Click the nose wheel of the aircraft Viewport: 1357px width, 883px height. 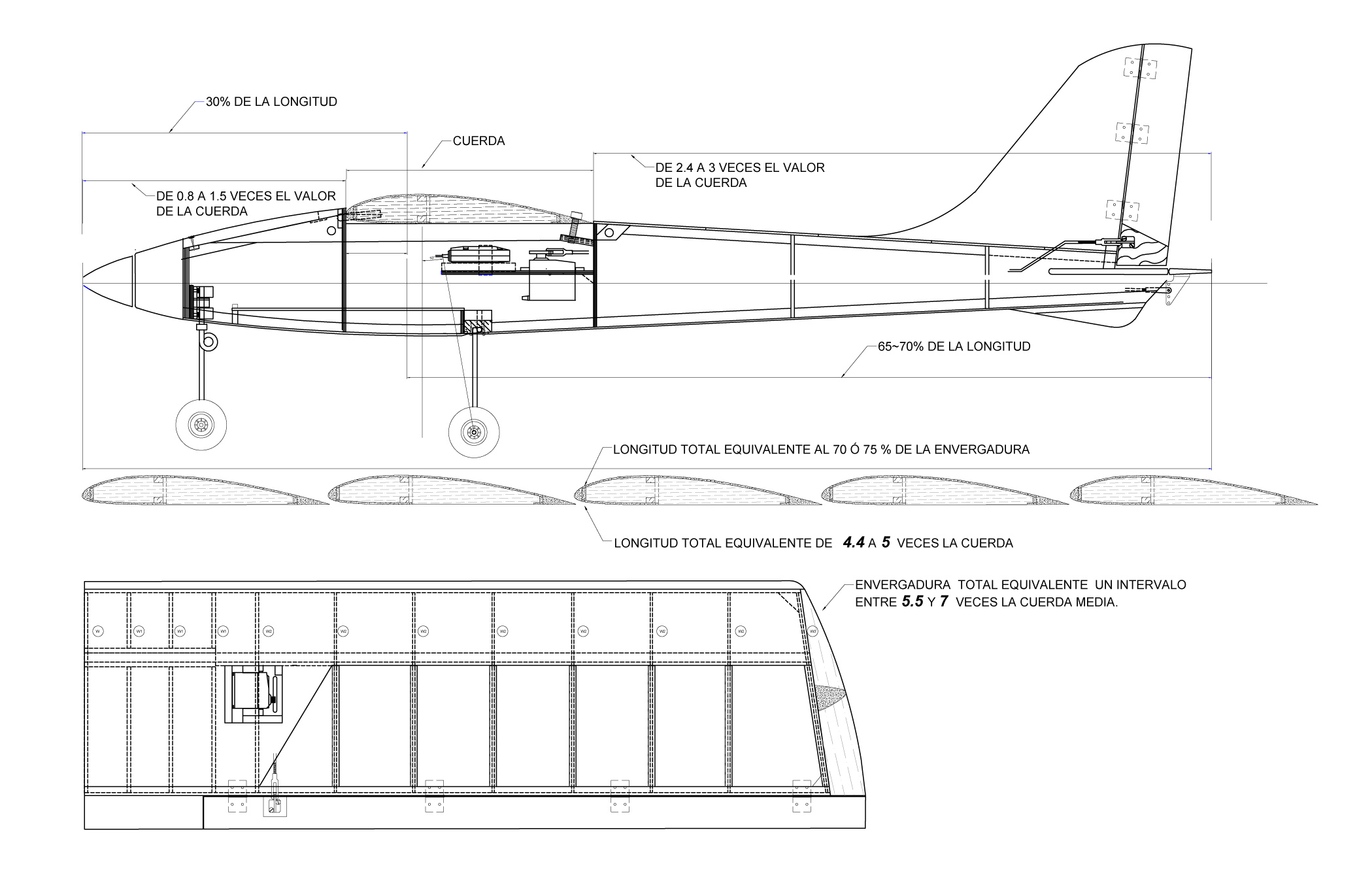pyautogui.click(x=201, y=425)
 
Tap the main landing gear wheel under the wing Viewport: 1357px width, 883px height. pyautogui.click(x=474, y=432)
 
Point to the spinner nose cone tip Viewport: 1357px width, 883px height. pyautogui.click(x=85, y=286)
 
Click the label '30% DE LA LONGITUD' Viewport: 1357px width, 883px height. pyautogui.click(x=271, y=102)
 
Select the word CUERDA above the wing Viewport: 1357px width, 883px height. pyautogui.click(x=478, y=141)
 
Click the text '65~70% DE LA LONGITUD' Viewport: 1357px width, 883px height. pyautogui.click(x=954, y=346)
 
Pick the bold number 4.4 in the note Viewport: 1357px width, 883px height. pyautogui.click(x=854, y=542)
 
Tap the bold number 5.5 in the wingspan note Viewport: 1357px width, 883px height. pyautogui.click(x=913, y=602)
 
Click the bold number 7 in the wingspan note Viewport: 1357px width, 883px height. pyautogui.click(x=944, y=602)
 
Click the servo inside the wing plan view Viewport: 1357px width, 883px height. pyautogui.click(x=252, y=691)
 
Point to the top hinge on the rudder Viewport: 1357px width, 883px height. pyautogui.click(x=1140, y=68)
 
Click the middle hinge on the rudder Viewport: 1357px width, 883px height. pyautogui.click(x=1131, y=133)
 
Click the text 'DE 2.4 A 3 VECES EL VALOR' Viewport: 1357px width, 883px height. pyautogui.click(x=740, y=168)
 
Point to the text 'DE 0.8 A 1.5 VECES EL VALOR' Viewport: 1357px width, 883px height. pyautogui.click(x=246, y=196)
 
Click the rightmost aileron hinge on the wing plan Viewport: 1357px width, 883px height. pyautogui.click(x=801, y=796)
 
